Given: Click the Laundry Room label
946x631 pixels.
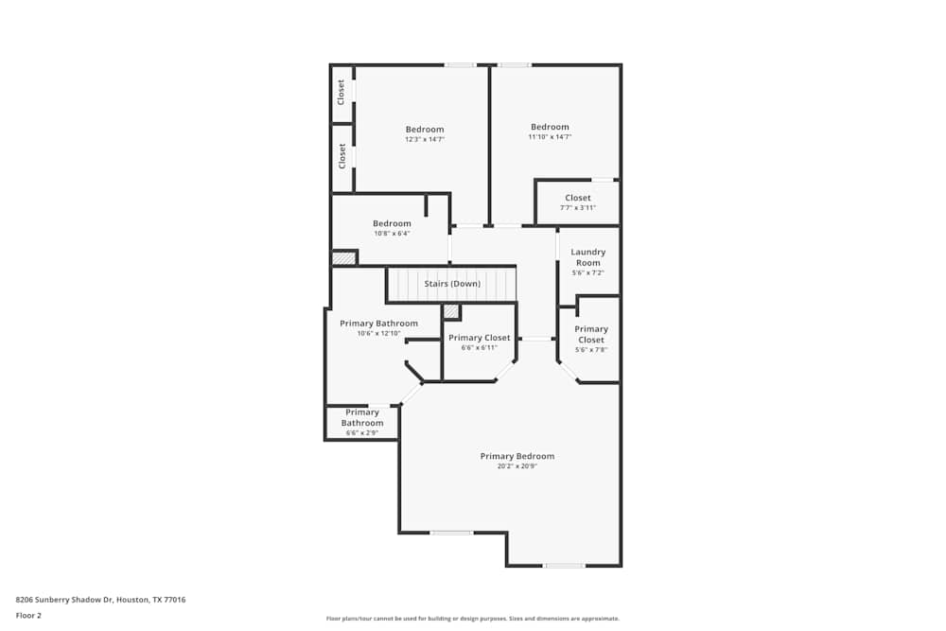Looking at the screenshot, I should pyautogui.click(x=588, y=257).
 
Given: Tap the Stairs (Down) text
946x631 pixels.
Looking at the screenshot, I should pyautogui.click(x=451, y=284).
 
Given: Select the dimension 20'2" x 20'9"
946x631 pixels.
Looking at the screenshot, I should pyautogui.click(x=517, y=466).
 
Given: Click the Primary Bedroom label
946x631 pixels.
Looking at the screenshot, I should pyautogui.click(x=517, y=456).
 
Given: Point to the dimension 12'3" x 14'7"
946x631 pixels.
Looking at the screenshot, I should pyautogui.click(x=425, y=139).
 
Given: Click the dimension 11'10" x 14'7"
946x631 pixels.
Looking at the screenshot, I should pyautogui.click(x=550, y=137).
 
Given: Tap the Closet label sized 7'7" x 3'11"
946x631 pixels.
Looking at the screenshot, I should pyautogui.click(x=577, y=198).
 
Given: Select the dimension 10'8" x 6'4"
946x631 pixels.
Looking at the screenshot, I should pyautogui.click(x=392, y=234).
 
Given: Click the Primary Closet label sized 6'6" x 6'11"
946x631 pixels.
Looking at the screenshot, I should pyautogui.click(x=479, y=338).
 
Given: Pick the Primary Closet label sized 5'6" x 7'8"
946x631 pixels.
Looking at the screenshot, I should pyautogui.click(x=591, y=334).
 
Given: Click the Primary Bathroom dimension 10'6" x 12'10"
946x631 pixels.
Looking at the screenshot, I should pyautogui.click(x=378, y=333).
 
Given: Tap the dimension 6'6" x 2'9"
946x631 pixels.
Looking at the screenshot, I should pyautogui.click(x=362, y=432).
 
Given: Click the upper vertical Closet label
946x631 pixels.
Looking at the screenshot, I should pyautogui.click(x=342, y=92).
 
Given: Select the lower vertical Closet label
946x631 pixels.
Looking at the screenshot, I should pyautogui.click(x=342, y=155).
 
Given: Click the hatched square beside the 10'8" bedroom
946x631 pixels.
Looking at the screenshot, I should pyautogui.click(x=343, y=257).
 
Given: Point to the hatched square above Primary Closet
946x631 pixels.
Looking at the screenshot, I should pyautogui.click(x=451, y=311).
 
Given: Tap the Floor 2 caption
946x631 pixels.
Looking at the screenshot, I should pyautogui.click(x=28, y=615).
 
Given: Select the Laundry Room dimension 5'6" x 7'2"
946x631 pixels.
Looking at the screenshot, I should pyautogui.click(x=588, y=272).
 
